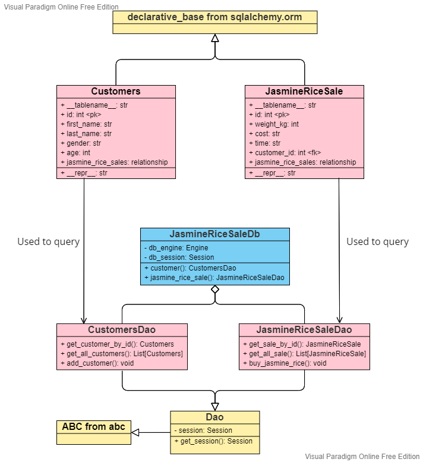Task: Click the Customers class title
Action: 116,92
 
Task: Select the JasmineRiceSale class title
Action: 304,92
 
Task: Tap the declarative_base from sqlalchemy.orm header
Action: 214,17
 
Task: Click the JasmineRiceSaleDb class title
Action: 214,234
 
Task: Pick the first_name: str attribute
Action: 86,124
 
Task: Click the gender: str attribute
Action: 80,143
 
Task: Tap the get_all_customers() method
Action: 122,354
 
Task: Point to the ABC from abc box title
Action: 93,427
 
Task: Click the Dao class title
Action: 214,417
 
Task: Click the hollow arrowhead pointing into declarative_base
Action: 215,38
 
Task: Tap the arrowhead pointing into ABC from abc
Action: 135,432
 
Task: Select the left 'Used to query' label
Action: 48,241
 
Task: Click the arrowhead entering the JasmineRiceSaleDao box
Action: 339,319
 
